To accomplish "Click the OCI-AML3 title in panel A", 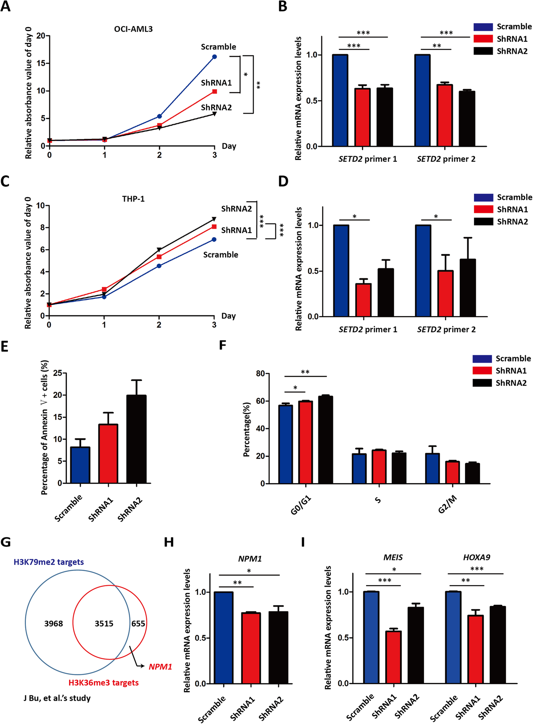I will coord(133,29).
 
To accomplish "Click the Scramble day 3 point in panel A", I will coord(214,57).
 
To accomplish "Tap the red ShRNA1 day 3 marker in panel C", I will coord(214,227).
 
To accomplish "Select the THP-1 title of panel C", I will coord(133,199).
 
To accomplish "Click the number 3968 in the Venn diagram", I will coord(53,624).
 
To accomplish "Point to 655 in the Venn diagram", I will coord(138,624).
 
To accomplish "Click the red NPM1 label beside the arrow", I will coord(160,667).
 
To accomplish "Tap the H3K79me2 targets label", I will coord(48,562).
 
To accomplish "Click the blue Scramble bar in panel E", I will coord(80,465).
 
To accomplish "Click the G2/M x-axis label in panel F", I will coord(447,505).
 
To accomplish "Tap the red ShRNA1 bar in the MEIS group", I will coord(393,657).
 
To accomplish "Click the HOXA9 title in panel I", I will coord(476,557).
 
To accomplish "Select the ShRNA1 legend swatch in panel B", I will coord(483,39).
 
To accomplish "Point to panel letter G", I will coord(6,542).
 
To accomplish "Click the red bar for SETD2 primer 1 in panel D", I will coord(363,300).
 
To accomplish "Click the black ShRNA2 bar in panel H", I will coord(279,648).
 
